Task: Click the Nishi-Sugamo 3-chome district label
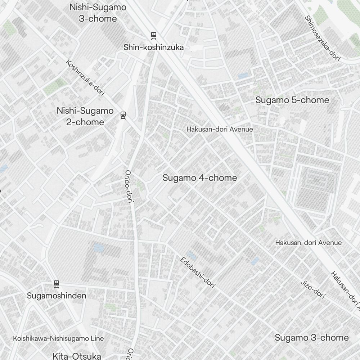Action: (98, 13)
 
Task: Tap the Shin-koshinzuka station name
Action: (154, 47)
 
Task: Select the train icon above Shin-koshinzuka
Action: (154, 36)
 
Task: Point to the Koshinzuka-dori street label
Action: (85, 78)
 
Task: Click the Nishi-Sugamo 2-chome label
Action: (85, 116)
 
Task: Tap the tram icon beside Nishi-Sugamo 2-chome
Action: (123, 115)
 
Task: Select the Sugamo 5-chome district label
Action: (292, 100)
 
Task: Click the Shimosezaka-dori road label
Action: (322, 38)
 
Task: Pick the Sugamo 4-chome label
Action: (200, 178)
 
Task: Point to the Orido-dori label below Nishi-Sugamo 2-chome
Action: (129, 186)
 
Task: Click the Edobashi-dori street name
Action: (198, 272)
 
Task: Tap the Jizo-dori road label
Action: (313, 289)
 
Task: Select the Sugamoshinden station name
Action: (57, 296)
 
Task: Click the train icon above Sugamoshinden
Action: (56, 284)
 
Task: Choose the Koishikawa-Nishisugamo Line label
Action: (58, 338)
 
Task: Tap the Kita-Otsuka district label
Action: (77, 356)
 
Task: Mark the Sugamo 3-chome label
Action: (312, 338)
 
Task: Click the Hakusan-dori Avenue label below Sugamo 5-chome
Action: (220, 129)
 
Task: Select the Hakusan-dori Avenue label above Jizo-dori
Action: (308, 243)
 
